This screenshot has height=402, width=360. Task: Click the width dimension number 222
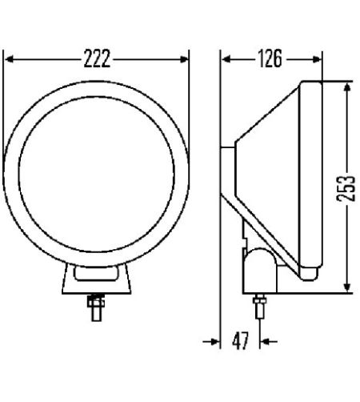pos(95,58)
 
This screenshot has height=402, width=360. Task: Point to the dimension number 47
pos(239,342)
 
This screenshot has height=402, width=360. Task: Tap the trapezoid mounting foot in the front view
pos(96,282)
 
